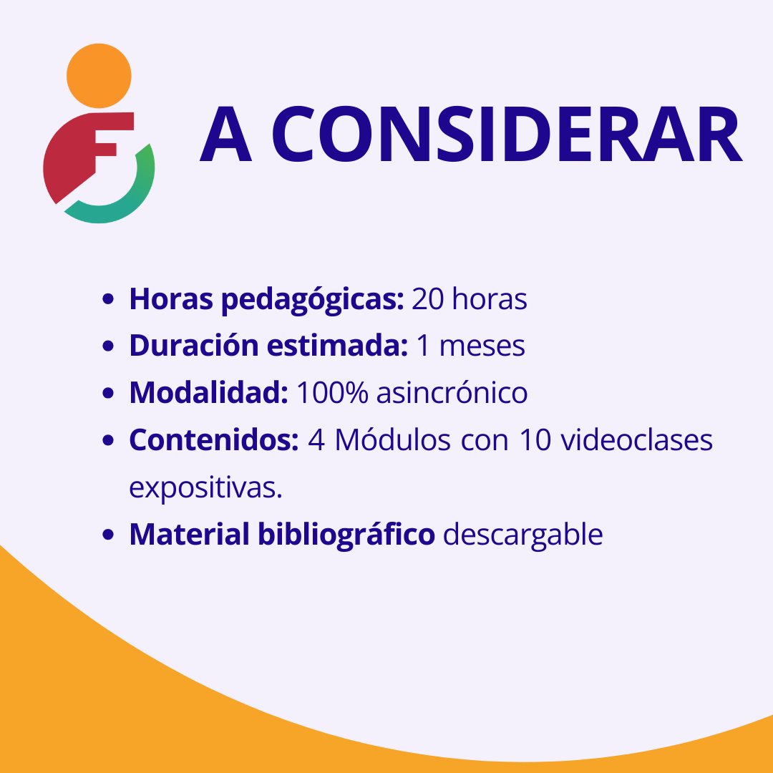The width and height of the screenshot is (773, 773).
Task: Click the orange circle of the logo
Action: (99, 75)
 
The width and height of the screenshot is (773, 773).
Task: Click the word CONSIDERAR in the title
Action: (507, 134)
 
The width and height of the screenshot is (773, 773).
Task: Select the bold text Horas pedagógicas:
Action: (266, 300)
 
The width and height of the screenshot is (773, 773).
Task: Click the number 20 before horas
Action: (427, 298)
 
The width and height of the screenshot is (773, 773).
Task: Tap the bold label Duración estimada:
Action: (268, 345)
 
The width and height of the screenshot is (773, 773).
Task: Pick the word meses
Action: (482, 346)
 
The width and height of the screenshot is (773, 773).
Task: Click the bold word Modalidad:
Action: (208, 392)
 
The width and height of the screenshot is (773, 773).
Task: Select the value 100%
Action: (332, 393)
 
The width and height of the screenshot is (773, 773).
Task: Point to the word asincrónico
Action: (452, 392)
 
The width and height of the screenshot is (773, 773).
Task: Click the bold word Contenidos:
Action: (214, 439)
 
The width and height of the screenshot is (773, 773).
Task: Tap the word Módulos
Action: (392, 439)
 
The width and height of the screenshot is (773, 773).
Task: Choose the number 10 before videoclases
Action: (535, 439)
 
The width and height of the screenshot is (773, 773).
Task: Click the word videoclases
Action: (637, 439)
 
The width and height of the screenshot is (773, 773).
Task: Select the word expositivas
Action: (205, 488)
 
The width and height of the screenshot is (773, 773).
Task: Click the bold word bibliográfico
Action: (346, 535)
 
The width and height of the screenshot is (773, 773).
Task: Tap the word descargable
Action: (523, 535)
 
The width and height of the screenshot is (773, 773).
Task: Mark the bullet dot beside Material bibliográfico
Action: (108, 535)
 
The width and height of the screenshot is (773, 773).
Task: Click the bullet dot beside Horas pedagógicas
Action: (108, 299)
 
